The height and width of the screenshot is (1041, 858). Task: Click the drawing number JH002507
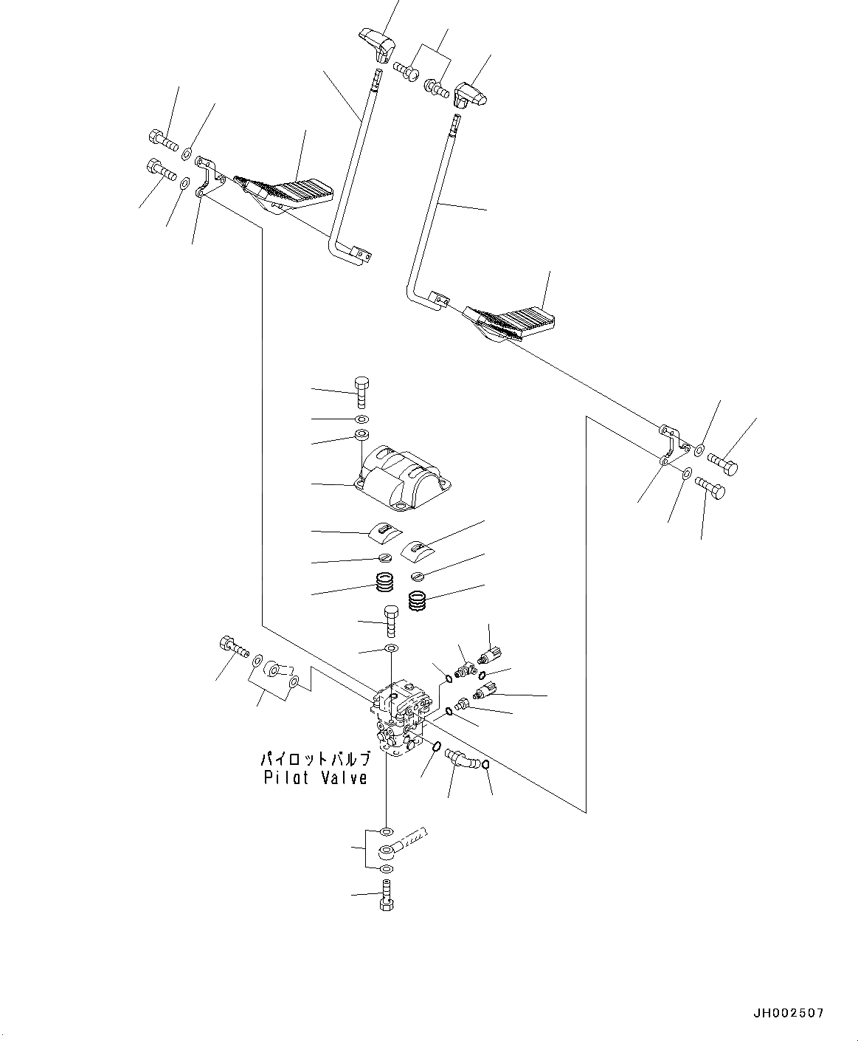(787, 1014)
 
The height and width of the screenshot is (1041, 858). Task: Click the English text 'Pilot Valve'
(315, 777)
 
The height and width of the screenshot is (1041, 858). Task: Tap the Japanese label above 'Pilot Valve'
(315, 760)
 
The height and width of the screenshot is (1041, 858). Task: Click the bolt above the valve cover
(361, 391)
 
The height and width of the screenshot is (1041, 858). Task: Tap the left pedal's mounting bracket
(208, 176)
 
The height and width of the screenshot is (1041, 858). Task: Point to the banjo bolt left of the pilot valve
(232, 646)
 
